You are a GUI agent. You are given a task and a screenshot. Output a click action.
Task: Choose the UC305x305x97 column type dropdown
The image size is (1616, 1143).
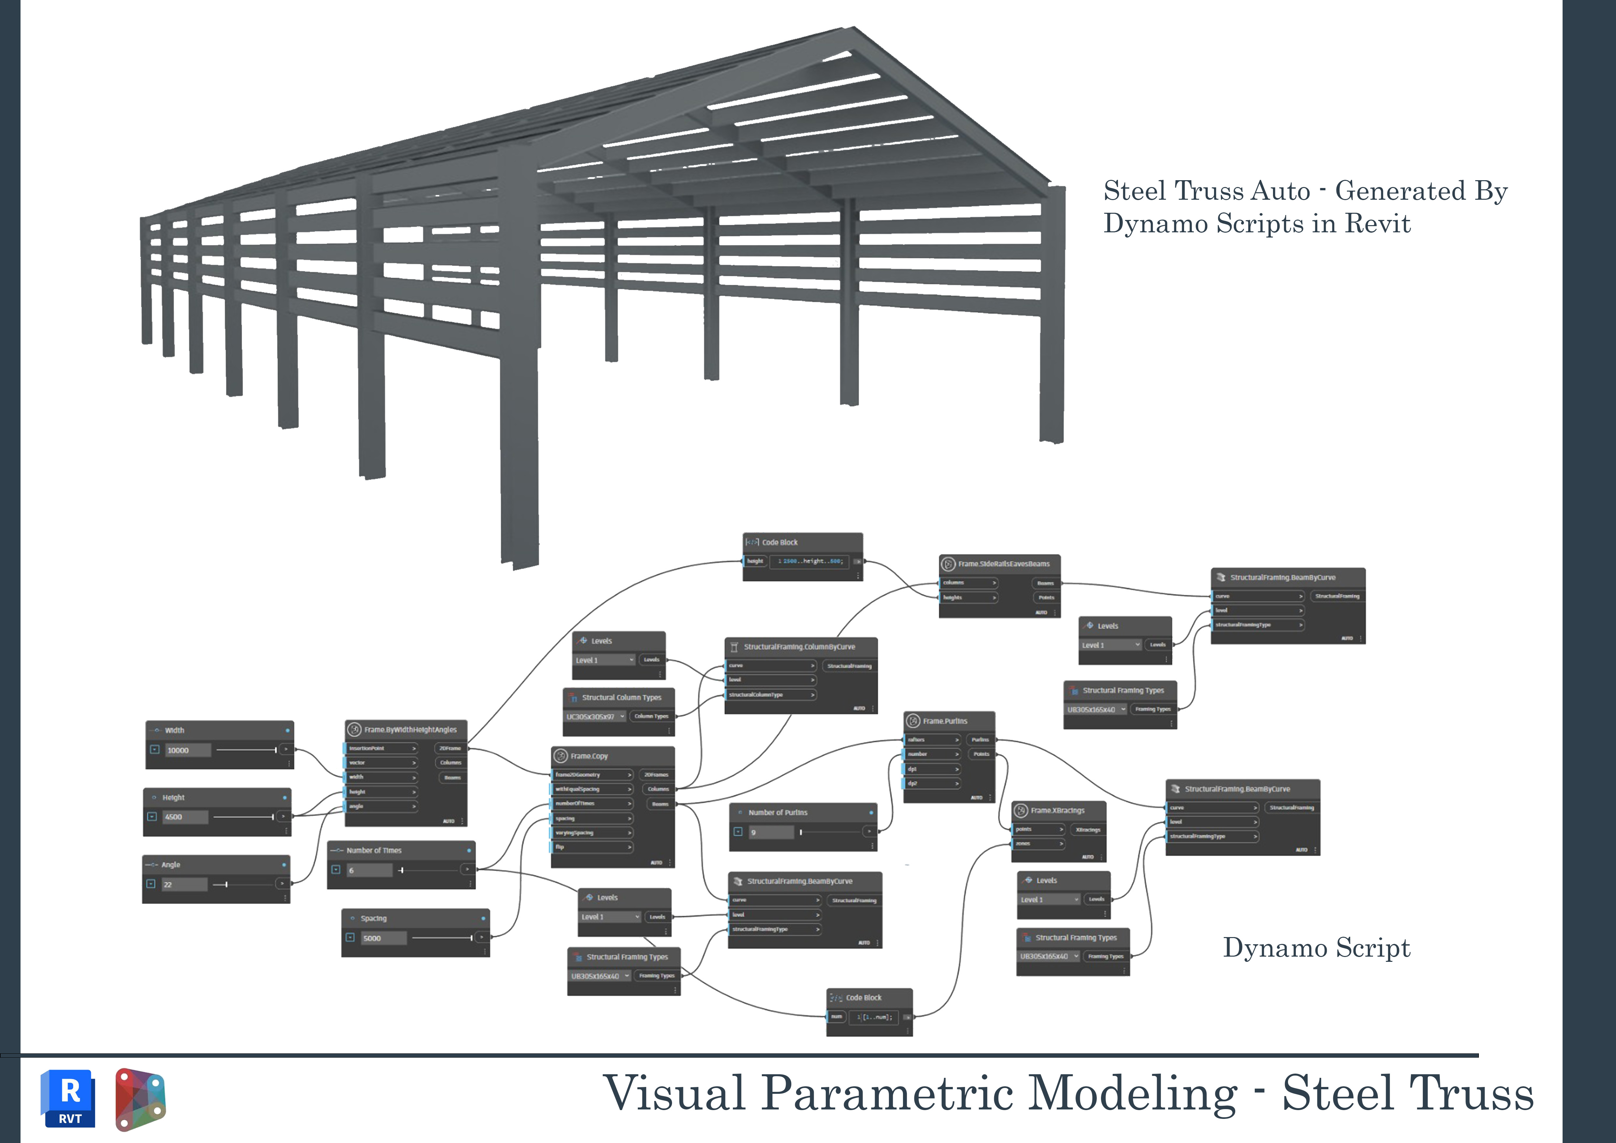tap(595, 716)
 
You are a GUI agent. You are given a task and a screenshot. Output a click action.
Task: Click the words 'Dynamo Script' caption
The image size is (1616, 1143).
tap(1316, 948)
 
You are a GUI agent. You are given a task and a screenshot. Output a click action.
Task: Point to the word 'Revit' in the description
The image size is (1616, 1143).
tap(1378, 224)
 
